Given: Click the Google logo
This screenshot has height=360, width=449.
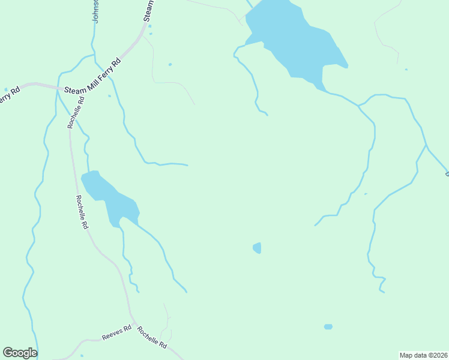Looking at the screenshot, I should [20, 353].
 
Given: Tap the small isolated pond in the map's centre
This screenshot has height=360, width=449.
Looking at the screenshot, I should [258, 248].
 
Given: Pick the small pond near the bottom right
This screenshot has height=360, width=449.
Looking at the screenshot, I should [328, 327].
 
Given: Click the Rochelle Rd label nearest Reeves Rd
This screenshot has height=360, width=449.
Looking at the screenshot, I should [151, 337].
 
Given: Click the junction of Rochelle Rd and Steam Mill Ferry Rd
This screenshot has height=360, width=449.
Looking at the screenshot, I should [61, 89].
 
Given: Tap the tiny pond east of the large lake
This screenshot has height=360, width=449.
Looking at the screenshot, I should [406, 70].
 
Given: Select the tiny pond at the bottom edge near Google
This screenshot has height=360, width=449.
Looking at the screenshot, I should [82, 356].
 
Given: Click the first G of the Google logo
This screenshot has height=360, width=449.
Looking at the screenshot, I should [8, 353].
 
